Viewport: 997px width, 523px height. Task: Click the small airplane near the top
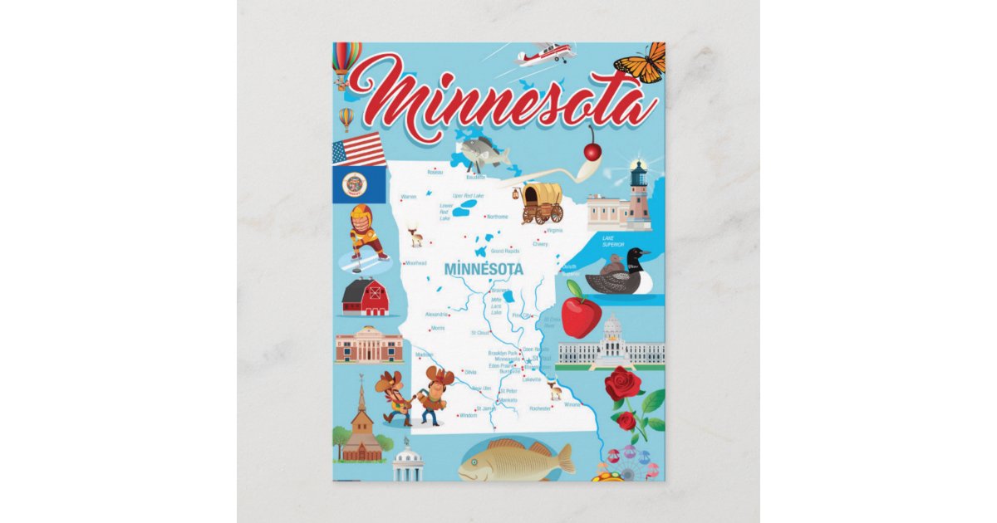pos(545,55)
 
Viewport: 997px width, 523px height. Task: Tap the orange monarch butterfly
pos(641,63)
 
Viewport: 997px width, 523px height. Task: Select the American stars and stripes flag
pos(358,149)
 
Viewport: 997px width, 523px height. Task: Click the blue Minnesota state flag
pos(360,185)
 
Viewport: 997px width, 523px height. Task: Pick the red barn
pos(366,297)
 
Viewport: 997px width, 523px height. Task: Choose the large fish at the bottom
pos(515,459)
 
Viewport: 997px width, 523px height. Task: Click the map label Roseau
pos(435,173)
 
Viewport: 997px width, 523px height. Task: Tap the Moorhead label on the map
pos(415,263)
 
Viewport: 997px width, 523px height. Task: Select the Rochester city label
pos(540,408)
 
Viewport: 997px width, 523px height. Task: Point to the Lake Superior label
pos(613,242)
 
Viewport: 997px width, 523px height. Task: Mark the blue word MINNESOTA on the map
pos(484,270)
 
